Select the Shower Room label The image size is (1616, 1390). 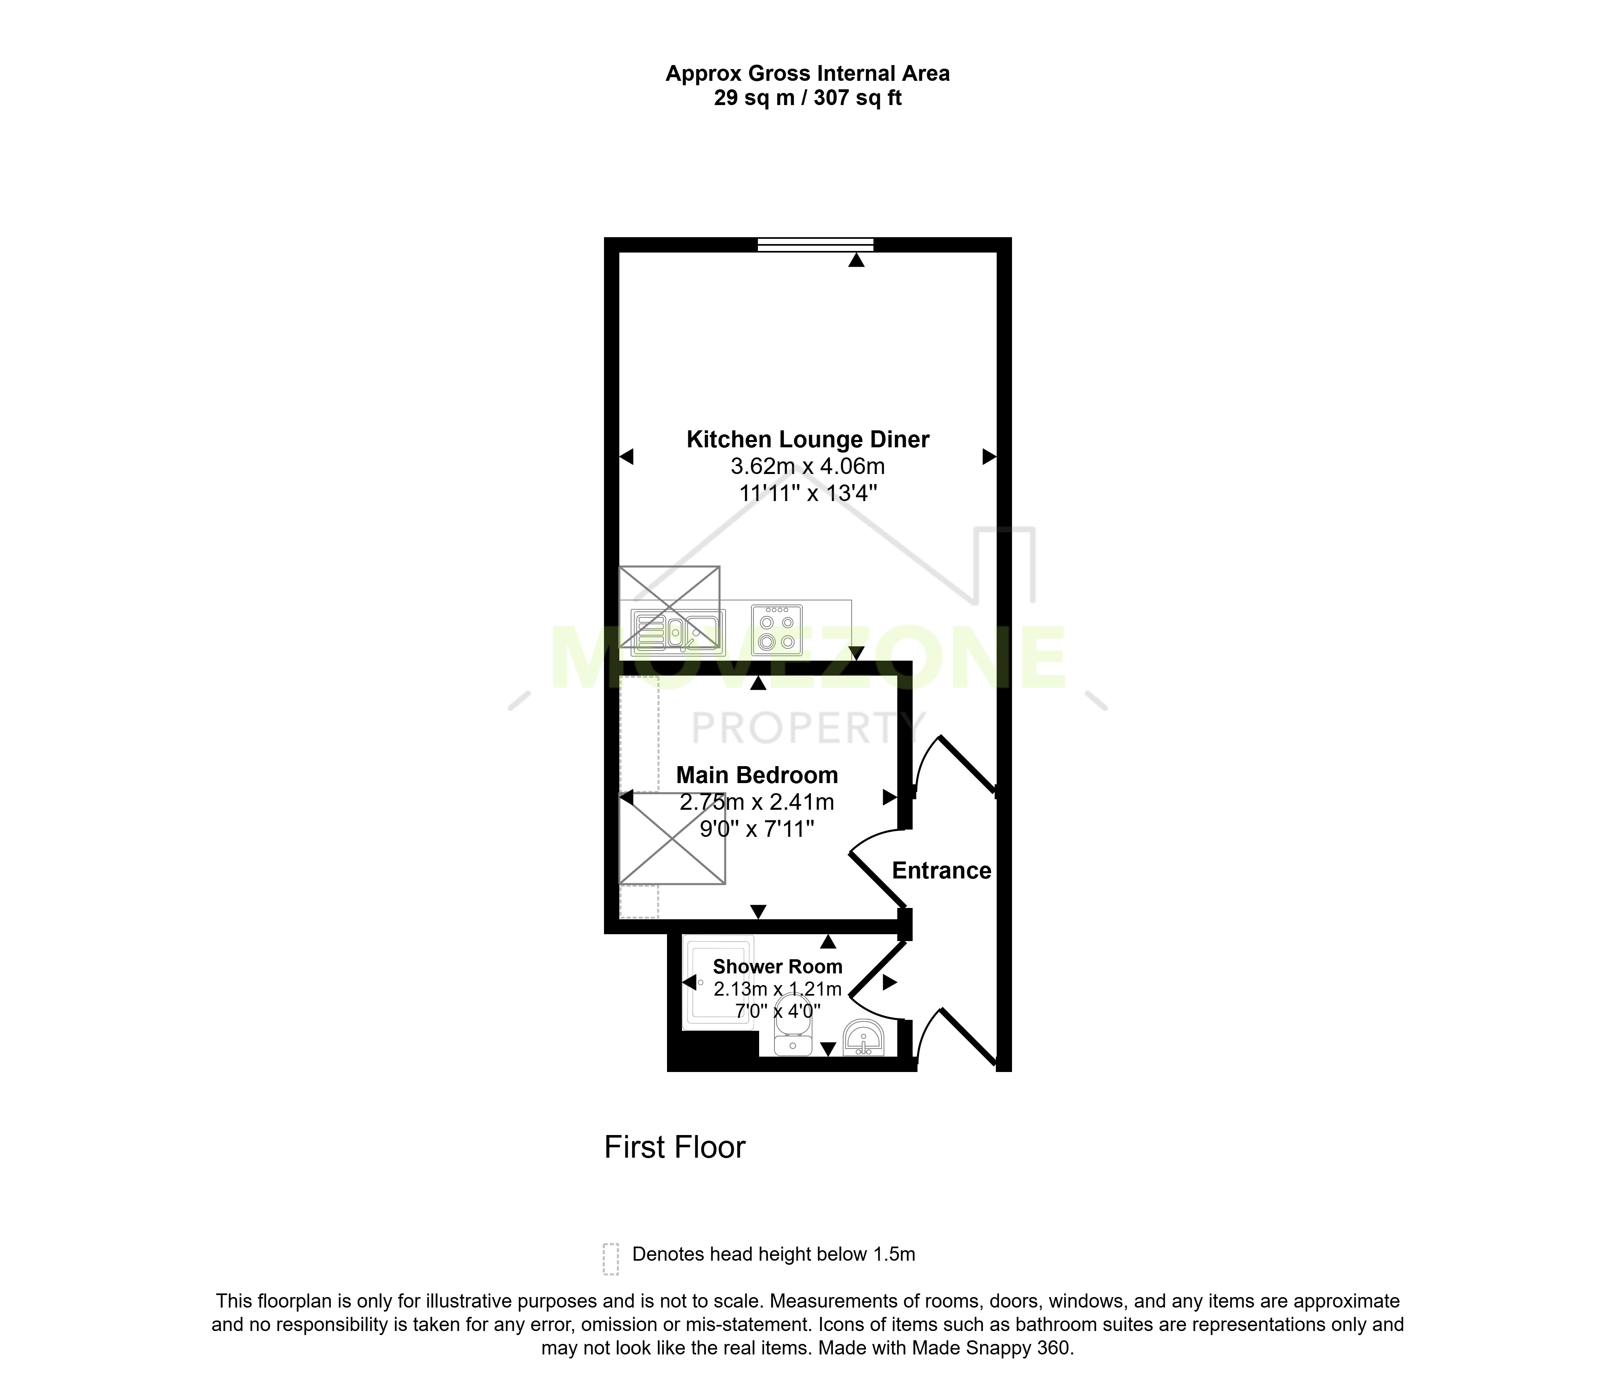[x=778, y=967]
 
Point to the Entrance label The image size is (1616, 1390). [x=941, y=870]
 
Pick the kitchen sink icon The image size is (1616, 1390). [x=678, y=632]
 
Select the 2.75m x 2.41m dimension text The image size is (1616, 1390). [x=757, y=802]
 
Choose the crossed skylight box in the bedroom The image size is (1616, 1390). [x=672, y=838]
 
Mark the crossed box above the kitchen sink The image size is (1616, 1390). [x=669, y=607]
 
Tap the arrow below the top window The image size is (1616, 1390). [x=856, y=261]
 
